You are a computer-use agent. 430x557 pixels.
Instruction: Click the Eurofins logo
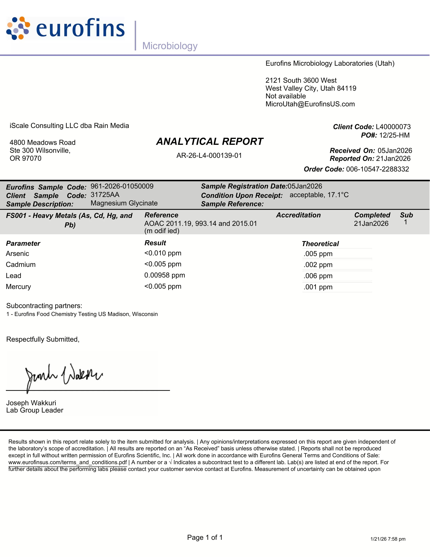65,28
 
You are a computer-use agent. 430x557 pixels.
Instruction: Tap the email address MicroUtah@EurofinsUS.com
310,104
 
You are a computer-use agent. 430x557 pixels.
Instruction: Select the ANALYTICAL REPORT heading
210,142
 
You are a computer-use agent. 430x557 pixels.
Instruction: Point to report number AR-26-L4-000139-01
209,156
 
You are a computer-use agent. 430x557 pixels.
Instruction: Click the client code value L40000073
393,127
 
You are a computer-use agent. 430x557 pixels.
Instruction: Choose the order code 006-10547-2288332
378,169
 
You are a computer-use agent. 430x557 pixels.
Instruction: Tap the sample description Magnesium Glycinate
124,203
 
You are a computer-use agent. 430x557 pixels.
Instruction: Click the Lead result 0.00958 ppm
165,275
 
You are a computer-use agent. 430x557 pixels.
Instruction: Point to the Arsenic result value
163,253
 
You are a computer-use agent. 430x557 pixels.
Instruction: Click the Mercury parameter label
18,287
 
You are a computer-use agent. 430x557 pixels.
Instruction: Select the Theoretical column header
320,244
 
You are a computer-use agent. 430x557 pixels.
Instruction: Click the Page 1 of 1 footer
205,537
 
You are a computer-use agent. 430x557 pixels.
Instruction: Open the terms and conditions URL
67,462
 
